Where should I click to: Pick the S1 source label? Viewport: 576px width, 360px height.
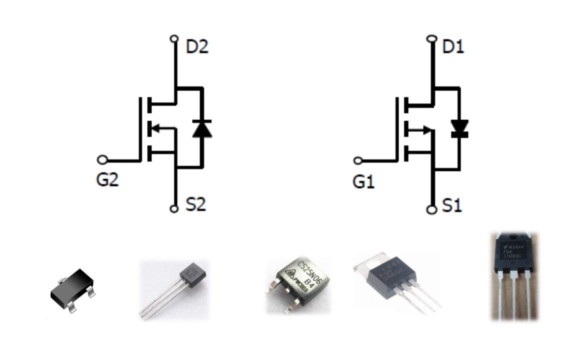click(x=452, y=205)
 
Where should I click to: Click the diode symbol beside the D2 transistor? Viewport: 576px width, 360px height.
click(x=202, y=128)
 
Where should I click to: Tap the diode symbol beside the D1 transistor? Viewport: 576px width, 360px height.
click(x=458, y=128)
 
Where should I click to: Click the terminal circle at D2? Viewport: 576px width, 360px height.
click(x=174, y=38)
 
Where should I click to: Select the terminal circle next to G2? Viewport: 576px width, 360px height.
click(x=102, y=160)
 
